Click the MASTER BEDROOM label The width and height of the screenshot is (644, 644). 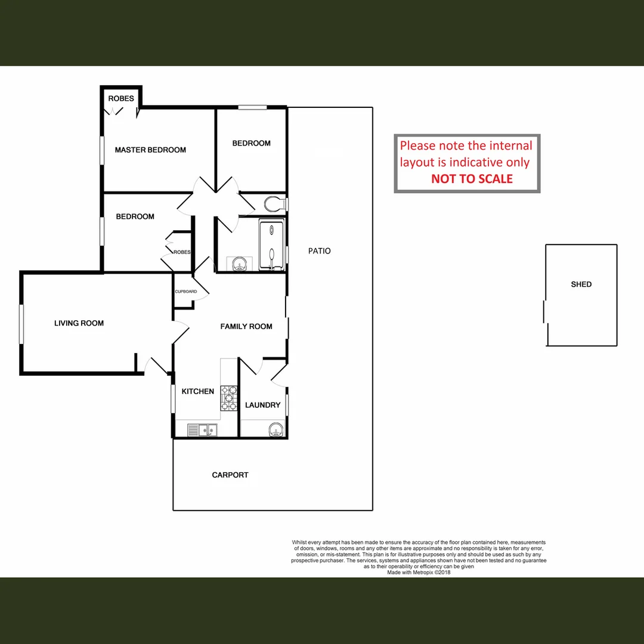point(150,150)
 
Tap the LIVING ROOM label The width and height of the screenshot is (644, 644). point(79,323)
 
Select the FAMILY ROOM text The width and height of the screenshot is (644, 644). point(246,326)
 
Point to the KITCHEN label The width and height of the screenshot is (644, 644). point(197,392)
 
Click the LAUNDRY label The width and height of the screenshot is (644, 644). point(262,405)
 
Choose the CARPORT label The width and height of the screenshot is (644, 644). point(230,475)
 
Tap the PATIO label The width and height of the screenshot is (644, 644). point(319,251)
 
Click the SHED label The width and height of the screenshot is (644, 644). point(581,284)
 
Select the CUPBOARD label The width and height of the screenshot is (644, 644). point(185,292)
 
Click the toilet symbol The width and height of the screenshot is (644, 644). point(274,203)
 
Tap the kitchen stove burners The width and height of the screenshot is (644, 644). point(229,398)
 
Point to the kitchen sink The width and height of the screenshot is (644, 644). point(202,429)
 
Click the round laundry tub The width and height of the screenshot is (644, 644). point(275,429)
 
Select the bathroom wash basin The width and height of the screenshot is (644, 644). point(239,263)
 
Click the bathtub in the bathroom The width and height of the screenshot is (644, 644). point(271,245)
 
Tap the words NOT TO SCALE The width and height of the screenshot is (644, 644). point(472,178)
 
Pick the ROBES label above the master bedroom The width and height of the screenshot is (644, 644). point(120,98)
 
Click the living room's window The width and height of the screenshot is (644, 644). point(21,324)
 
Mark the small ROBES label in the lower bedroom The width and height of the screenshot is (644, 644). point(182,252)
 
